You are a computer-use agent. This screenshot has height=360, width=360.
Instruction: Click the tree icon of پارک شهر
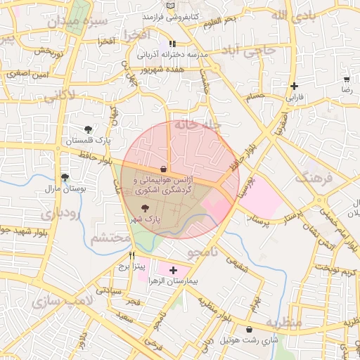tap(145, 208)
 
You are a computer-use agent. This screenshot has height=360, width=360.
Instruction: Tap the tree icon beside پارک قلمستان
tap(87, 129)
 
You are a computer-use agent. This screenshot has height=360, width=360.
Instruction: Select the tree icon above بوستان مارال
tap(65, 177)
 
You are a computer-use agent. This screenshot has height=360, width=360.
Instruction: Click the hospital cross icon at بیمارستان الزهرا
tap(173, 269)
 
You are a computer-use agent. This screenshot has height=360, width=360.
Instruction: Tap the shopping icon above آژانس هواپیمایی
tap(163, 169)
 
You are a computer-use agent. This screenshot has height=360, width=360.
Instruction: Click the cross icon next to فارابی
tap(293, 86)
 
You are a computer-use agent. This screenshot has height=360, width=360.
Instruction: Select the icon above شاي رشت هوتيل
tap(250, 329)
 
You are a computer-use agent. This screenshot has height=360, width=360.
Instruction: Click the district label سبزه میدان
tap(78, 22)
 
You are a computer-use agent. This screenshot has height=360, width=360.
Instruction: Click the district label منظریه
tap(284, 322)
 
